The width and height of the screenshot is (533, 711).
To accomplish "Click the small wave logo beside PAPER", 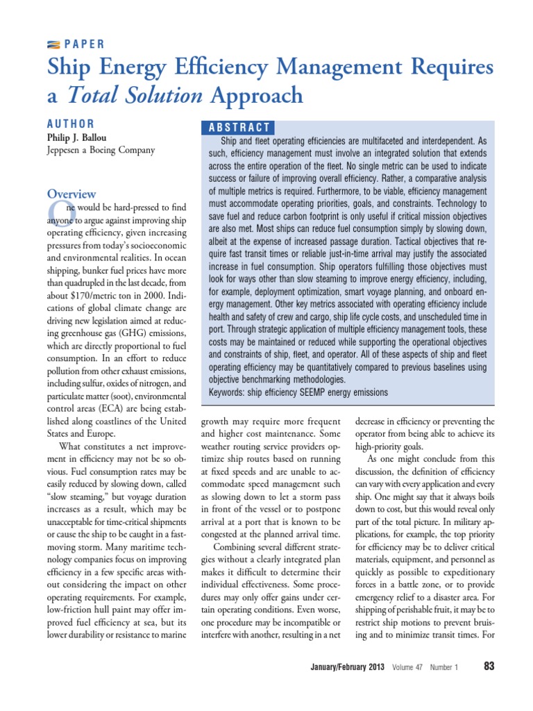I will pos(53,44).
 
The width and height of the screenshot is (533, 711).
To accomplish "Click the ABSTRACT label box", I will pos(238,127).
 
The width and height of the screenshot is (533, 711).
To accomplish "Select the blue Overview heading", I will pos(71,194).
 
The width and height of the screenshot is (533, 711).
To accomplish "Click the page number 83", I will pos(488,667).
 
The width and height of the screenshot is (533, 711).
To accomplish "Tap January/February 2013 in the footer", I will pos(348,667).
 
